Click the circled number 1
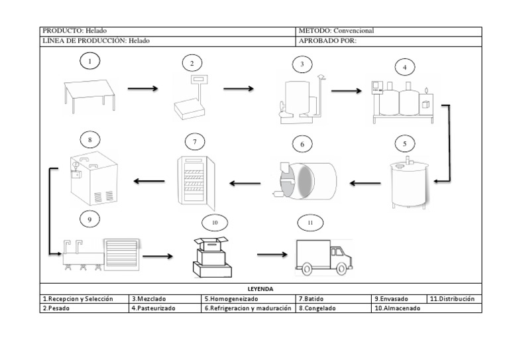89,62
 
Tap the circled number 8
89,140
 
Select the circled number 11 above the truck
310,222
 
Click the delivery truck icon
323,257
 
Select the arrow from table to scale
142,88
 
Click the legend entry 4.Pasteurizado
154,308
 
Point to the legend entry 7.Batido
314,299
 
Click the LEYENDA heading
260,289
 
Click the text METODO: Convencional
337,30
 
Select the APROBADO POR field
327,40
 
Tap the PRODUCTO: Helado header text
74,30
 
